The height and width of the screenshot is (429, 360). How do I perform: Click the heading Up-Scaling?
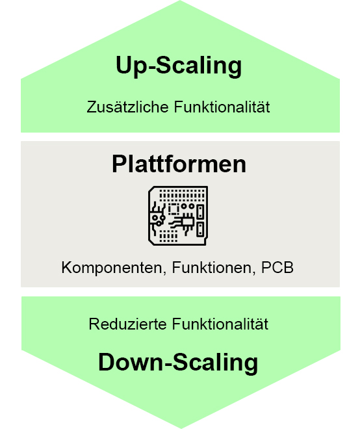pos(179,66)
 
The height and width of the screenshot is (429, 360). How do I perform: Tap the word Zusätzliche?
pos(127,107)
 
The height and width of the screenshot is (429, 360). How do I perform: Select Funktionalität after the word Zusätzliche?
pos(222,107)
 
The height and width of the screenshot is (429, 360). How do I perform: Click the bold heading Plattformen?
pos(179,164)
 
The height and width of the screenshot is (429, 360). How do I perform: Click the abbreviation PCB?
pos(277,267)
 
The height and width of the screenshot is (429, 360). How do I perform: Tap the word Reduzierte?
pos(128,324)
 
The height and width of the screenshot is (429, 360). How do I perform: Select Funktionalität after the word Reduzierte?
pos(220,324)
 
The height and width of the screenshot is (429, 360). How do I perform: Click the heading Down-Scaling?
pos(178,362)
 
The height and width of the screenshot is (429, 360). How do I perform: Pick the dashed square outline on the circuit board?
pos(174,209)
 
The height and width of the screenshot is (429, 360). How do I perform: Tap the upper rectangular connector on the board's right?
pos(201,211)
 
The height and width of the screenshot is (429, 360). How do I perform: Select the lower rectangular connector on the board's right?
pos(201,229)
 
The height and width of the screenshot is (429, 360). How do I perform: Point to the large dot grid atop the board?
pos(182,194)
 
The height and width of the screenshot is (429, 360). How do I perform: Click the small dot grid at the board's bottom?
pos(168,236)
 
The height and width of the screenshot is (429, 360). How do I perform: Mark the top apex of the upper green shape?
pos(180,1)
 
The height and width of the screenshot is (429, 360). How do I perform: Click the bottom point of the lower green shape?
pos(181,428)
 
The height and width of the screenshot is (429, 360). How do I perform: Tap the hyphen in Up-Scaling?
pos(151,68)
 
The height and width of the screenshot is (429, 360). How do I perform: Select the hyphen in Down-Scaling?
pos(168,364)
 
